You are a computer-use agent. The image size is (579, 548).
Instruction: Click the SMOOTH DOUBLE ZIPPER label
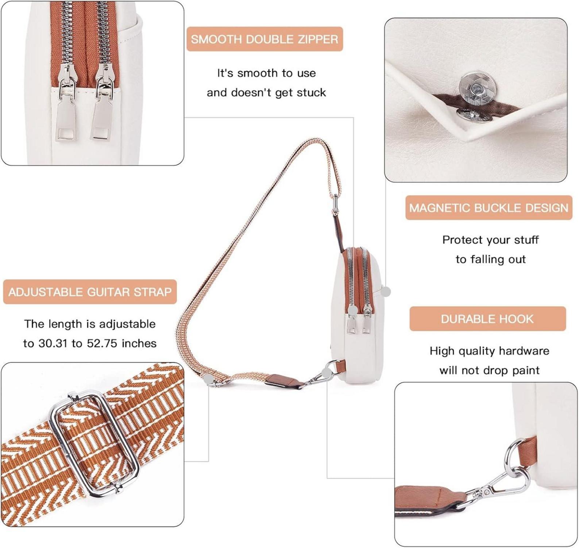pos(265,39)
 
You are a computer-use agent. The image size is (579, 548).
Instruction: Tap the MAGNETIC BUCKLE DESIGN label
pos(489,208)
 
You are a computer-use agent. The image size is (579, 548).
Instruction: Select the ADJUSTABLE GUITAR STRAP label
pos(90,292)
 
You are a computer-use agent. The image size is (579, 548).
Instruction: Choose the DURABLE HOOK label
pos(487,319)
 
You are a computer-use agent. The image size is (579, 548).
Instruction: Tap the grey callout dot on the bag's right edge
pos(386,291)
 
